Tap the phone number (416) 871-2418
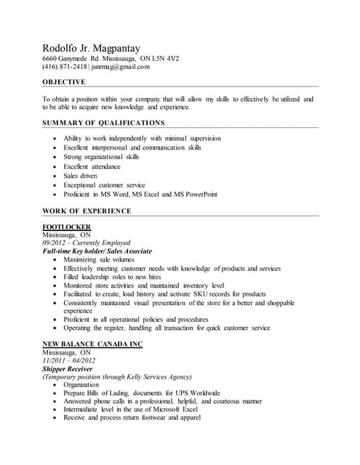coord(63,67)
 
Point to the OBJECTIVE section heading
coord(63,82)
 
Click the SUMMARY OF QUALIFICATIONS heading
coord(103,123)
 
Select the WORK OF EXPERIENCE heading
coord(87,211)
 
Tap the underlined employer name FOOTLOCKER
coord(66,227)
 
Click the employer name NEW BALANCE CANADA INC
coord(92,344)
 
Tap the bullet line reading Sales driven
coord(80,176)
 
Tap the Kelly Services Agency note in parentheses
coord(117,377)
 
